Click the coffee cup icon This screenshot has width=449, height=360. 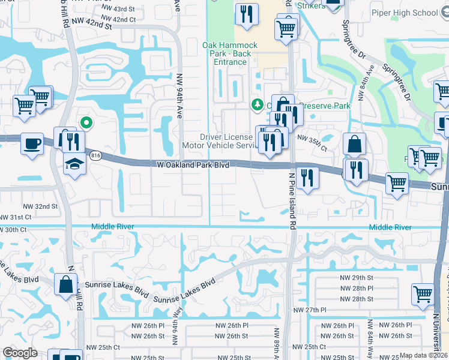[32, 144]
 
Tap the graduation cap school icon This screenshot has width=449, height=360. [74, 163]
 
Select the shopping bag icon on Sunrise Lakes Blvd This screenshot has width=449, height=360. [65, 285]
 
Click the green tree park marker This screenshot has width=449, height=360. [258, 105]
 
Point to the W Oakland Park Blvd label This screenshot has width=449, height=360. [193, 164]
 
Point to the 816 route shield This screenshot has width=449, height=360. [95, 155]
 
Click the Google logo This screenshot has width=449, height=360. [20, 353]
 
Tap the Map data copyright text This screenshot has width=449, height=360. [424, 355]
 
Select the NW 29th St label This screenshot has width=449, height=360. [357, 278]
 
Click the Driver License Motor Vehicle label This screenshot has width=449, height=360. [220, 141]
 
